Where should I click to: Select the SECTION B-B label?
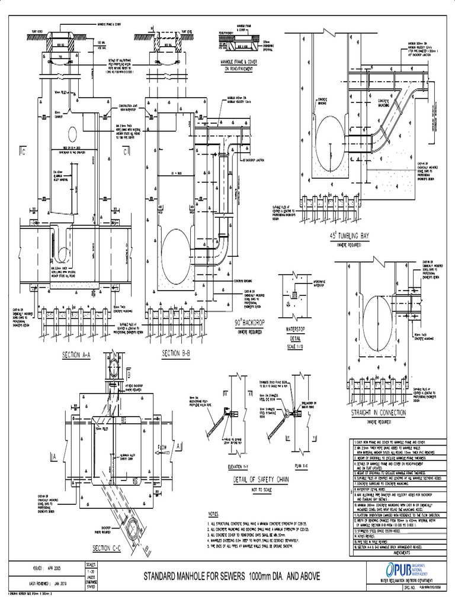175,354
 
